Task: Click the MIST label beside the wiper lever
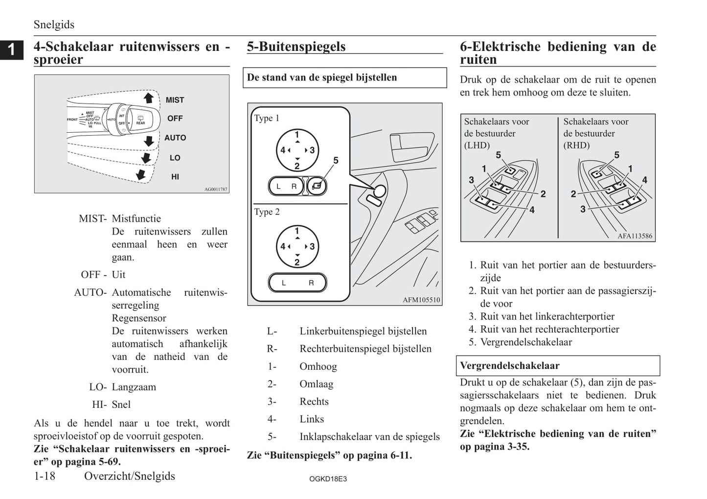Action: [175, 100]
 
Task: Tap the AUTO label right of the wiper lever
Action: [175, 138]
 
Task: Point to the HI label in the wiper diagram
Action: [175, 177]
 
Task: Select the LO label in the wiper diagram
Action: [175, 158]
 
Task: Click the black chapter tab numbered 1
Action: [11, 49]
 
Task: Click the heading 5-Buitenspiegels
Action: [296, 47]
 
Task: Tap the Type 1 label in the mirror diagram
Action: [267, 118]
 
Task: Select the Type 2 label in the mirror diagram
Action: [267, 212]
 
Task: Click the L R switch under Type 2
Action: [297, 283]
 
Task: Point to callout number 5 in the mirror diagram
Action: [336, 160]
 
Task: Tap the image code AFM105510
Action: [421, 300]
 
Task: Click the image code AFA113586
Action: [635, 236]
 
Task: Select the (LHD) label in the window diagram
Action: [477, 145]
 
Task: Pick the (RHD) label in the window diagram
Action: [576, 145]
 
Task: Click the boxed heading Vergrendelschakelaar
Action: [509, 366]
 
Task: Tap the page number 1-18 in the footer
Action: [45, 476]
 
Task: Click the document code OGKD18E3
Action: [328, 479]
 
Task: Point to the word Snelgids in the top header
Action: [54, 24]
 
